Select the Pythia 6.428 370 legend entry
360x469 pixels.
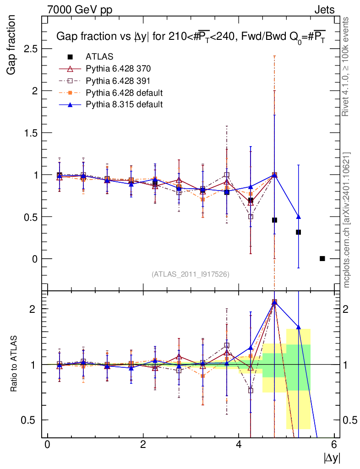[x=118, y=69]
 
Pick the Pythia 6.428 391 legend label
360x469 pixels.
[x=118, y=81]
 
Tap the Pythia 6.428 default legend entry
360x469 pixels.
[x=124, y=93]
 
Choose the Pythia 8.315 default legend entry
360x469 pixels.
[x=124, y=104]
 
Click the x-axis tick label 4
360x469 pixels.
[x=239, y=444]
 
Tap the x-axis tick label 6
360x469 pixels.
[x=334, y=444]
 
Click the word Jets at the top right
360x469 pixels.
[x=324, y=10]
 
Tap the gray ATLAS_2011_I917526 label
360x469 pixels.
[x=191, y=274]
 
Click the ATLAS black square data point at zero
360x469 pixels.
[x=322, y=259]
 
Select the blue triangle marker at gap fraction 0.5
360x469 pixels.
[x=299, y=217]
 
